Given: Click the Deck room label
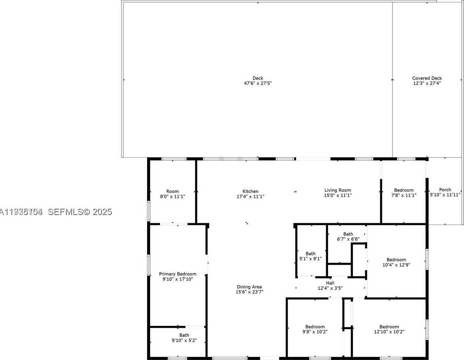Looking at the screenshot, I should pyautogui.click(x=258, y=78).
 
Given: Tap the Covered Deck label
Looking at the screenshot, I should pyautogui.click(x=427, y=78).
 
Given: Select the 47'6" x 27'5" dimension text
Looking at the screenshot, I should pyautogui.click(x=258, y=83).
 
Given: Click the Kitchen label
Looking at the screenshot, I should pyautogui.click(x=251, y=191).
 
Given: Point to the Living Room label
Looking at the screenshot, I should pyautogui.click(x=338, y=190).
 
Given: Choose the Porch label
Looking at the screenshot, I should pyautogui.click(x=445, y=189).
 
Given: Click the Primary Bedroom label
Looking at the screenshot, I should pyautogui.click(x=178, y=274).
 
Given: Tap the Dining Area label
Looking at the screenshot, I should pyautogui.click(x=249, y=287).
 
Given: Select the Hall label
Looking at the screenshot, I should pyautogui.click(x=330, y=283).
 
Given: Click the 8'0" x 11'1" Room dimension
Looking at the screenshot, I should pyautogui.click(x=172, y=196).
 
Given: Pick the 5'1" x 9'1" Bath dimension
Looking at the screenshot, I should pyautogui.click(x=311, y=259).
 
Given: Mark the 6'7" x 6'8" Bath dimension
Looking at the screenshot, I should pyautogui.click(x=348, y=239).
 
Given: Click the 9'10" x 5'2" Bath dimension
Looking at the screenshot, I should pyautogui.click(x=184, y=340).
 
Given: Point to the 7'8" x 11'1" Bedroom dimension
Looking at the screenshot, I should pyautogui.click(x=404, y=195).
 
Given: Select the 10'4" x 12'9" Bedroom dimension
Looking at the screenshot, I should pyautogui.click(x=396, y=265).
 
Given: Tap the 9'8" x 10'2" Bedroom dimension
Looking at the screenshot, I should pyautogui.click(x=315, y=332).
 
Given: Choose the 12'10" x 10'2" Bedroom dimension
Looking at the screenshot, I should pyautogui.click(x=389, y=332).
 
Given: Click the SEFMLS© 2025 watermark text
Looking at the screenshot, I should pyautogui.click(x=80, y=212).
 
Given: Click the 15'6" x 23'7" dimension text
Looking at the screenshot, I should pyautogui.click(x=249, y=292).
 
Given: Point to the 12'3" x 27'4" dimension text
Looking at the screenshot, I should pyautogui.click(x=427, y=83).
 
